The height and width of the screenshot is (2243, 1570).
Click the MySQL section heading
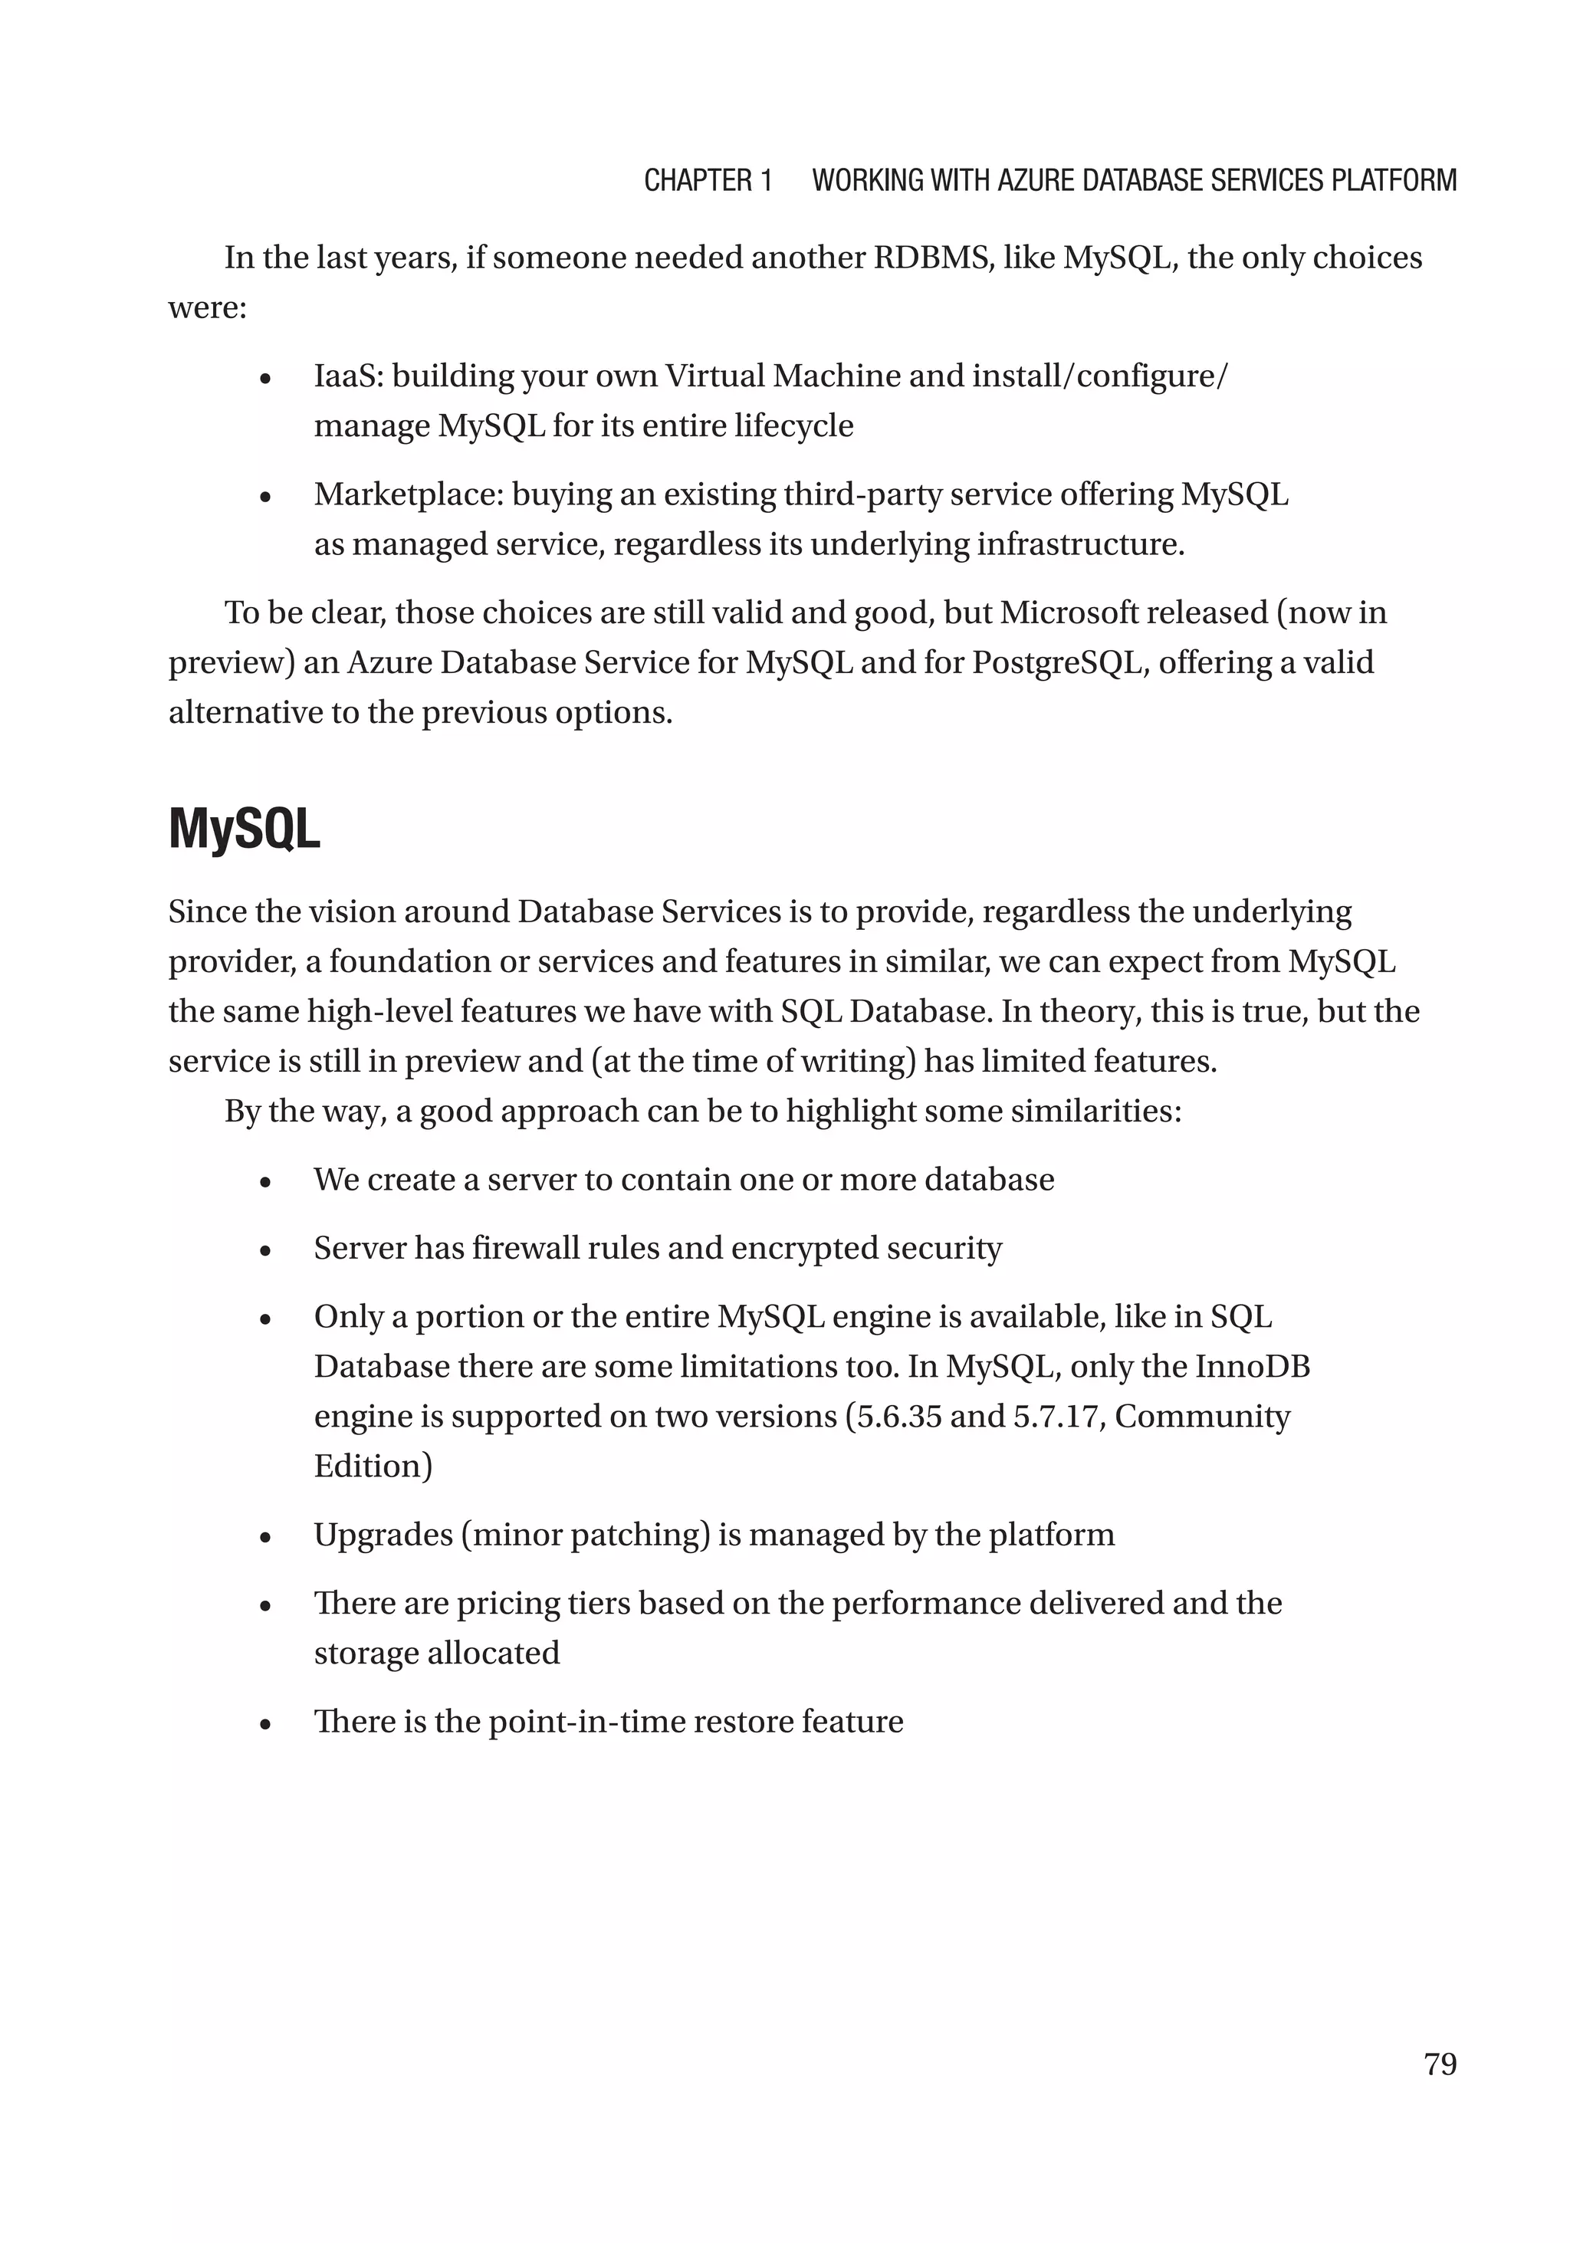pos(245,830)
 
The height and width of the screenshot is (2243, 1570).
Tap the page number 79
pos(1440,2064)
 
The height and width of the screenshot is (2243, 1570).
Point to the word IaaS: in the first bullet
pos(348,376)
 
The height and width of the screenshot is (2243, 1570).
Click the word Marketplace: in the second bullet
pos(409,494)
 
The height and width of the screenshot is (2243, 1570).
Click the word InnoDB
pos(1253,1366)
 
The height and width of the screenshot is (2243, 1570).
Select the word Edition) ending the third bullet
pos(373,1466)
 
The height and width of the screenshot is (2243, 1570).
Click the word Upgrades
pos(382,1535)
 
